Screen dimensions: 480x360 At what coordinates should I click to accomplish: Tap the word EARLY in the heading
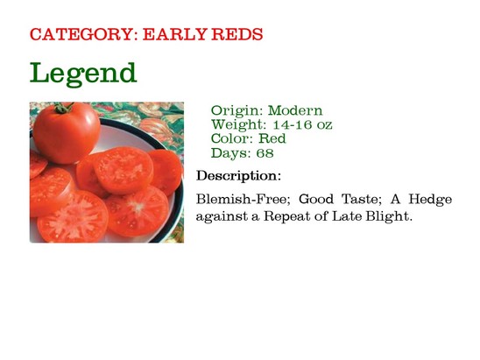174,34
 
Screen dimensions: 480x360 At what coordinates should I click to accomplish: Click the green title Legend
83,74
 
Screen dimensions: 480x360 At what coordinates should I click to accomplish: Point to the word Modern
295,110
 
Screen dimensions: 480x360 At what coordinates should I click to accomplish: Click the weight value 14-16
292,124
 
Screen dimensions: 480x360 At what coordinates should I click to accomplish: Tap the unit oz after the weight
324,125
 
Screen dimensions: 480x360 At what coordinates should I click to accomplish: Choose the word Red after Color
272,138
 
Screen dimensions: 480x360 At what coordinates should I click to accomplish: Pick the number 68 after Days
265,153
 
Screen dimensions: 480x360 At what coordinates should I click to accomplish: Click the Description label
238,176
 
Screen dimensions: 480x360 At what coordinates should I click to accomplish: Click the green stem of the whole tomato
63,108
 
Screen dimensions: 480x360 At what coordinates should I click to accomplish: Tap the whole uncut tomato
67,132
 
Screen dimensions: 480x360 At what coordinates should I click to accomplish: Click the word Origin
237,110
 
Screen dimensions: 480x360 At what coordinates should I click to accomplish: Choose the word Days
231,153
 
